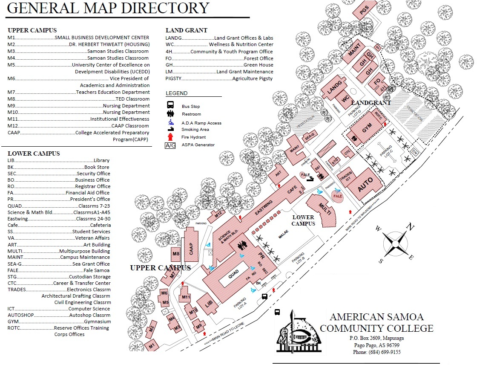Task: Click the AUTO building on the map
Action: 365,184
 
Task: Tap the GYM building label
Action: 367,128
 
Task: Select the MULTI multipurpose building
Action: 325,210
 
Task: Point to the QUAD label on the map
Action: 233,276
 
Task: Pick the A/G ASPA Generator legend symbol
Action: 170,145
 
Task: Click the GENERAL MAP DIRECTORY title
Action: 108,8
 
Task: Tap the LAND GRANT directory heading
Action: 186,30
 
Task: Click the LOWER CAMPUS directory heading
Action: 34,154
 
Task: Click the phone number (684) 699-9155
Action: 376,352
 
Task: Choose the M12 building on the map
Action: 219,214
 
